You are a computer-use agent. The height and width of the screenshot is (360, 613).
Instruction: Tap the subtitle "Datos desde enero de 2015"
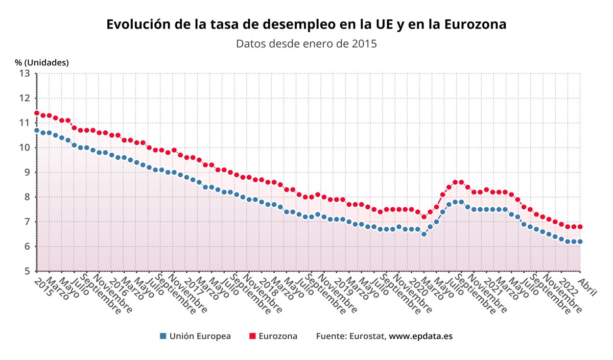coord(306,43)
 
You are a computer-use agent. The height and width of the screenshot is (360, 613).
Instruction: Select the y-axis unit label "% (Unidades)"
coord(42,62)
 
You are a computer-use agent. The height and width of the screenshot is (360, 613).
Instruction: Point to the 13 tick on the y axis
coord(25,73)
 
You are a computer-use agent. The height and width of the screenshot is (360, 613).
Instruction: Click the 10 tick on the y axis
coord(25,148)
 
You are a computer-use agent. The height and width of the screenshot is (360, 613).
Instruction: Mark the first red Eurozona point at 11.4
coord(37,113)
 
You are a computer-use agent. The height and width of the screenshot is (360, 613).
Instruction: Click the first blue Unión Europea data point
coord(37,130)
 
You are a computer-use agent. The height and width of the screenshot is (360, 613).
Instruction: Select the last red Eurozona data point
coord(580,227)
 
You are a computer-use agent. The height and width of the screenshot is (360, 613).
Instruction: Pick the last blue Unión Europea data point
coord(580,242)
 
